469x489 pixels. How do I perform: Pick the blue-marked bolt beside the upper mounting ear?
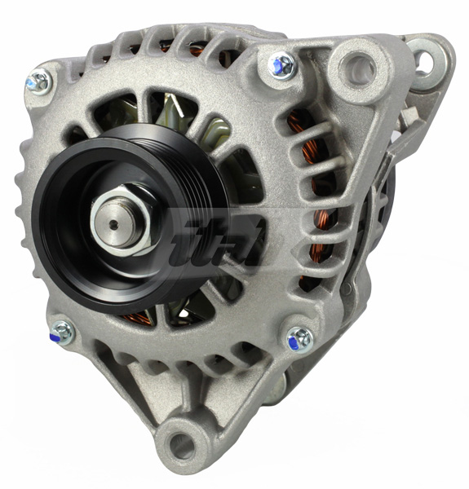tap(282, 64)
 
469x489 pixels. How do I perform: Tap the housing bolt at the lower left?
tap(62, 331)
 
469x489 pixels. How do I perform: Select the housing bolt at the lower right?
tap(299, 337)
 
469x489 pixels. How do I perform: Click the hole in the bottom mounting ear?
tap(181, 445)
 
